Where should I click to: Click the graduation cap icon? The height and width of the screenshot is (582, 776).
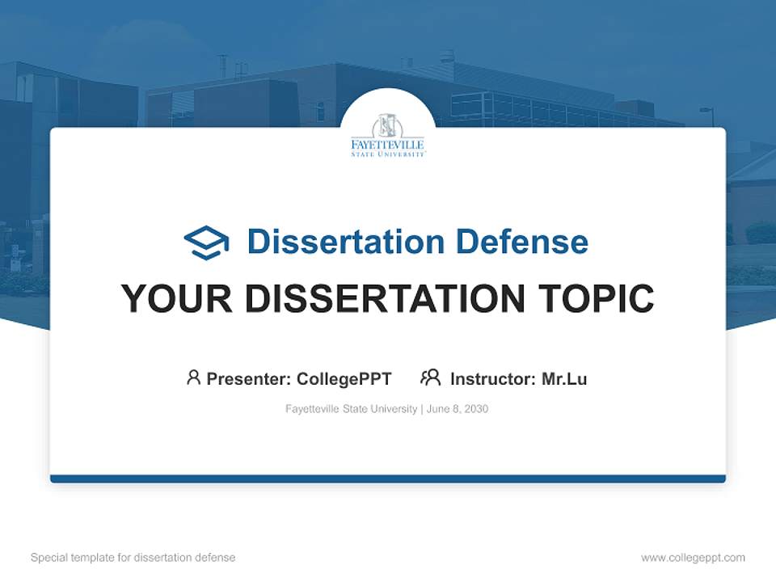[206, 242]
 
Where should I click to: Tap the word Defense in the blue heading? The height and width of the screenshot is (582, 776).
[522, 242]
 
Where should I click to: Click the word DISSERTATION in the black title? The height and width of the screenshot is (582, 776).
[385, 298]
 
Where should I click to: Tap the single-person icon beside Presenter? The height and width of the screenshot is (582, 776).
[193, 377]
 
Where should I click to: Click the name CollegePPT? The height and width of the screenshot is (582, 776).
[344, 379]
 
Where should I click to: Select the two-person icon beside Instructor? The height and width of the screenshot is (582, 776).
[431, 377]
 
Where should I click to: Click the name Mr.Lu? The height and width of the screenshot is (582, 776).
[564, 379]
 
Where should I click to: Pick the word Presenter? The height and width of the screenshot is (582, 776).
[249, 379]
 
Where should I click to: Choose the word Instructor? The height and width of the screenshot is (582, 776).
[493, 379]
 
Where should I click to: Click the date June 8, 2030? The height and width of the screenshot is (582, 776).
[458, 409]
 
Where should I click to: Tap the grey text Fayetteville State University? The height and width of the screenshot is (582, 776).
[352, 409]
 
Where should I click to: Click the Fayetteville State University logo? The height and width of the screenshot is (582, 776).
[387, 135]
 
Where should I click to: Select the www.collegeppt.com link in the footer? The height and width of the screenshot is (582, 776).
[693, 558]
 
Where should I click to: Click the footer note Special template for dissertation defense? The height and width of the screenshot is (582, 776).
[133, 558]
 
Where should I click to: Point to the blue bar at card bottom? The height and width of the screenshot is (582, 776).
[388, 479]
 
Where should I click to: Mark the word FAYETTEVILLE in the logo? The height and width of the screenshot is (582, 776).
[387, 145]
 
